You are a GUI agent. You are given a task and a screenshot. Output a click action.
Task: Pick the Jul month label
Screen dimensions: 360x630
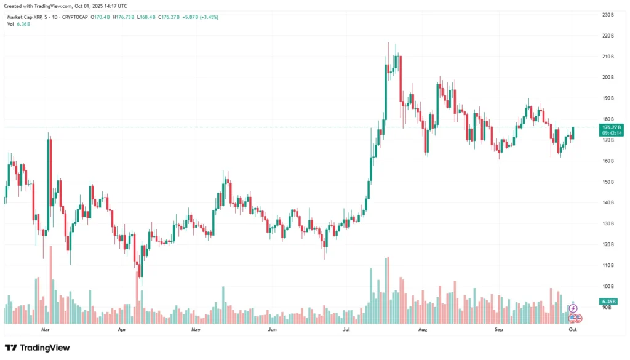(x=347, y=330)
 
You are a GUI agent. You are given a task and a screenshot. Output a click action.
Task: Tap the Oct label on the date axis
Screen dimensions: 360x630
(x=573, y=330)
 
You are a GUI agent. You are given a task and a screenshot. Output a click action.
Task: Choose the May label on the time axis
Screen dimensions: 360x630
(x=196, y=330)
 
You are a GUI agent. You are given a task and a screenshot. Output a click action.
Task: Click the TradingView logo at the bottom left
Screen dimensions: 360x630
(x=38, y=348)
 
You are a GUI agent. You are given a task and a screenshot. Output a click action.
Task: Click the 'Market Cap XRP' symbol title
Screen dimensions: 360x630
(x=28, y=17)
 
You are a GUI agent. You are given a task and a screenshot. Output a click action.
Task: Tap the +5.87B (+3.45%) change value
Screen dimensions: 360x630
(x=199, y=17)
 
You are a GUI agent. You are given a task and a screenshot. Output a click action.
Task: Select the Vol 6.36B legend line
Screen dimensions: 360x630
(x=18, y=24)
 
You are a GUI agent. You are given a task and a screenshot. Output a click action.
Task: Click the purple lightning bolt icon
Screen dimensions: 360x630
(x=573, y=308)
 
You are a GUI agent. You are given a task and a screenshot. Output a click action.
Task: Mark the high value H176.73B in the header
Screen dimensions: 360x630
(x=125, y=17)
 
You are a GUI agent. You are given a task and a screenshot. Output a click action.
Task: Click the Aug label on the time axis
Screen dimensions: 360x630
(x=423, y=330)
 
